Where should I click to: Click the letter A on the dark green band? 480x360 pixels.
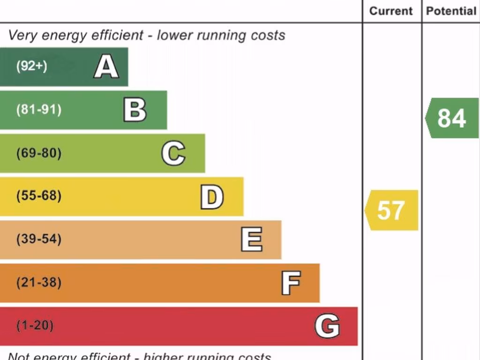click(x=106, y=67)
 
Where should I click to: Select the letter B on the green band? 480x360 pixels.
click(x=135, y=110)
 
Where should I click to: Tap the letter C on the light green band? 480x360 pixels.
click(x=173, y=153)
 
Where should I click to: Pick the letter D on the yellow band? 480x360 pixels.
click(x=212, y=197)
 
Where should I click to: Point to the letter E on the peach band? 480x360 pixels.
click(x=252, y=240)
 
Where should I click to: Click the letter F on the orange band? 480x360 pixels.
click(x=291, y=283)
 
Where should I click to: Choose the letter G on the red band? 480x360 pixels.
click(x=327, y=326)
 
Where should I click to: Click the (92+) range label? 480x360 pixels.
click(x=32, y=66)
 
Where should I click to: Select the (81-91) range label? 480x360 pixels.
click(x=39, y=110)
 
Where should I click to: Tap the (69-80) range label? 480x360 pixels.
click(x=39, y=153)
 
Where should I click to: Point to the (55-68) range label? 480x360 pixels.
click(x=39, y=196)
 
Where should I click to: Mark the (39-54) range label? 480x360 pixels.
click(x=39, y=240)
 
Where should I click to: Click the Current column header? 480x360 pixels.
click(x=391, y=11)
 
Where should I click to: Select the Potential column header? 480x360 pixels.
click(x=451, y=11)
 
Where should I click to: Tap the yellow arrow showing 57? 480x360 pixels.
click(x=391, y=210)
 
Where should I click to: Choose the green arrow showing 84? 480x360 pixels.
click(x=452, y=118)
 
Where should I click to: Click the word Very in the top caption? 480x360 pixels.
click(x=22, y=36)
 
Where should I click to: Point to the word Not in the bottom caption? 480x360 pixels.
click(x=19, y=357)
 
